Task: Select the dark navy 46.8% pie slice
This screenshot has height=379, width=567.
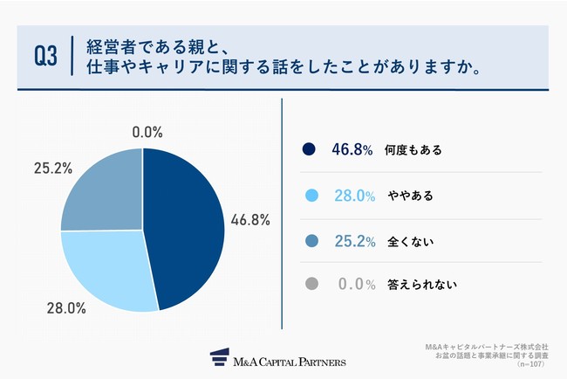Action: [180, 223]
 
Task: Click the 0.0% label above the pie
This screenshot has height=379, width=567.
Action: [147, 132]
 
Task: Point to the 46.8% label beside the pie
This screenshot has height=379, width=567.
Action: [249, 219]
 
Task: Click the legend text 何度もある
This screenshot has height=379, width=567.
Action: [413, 150]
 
